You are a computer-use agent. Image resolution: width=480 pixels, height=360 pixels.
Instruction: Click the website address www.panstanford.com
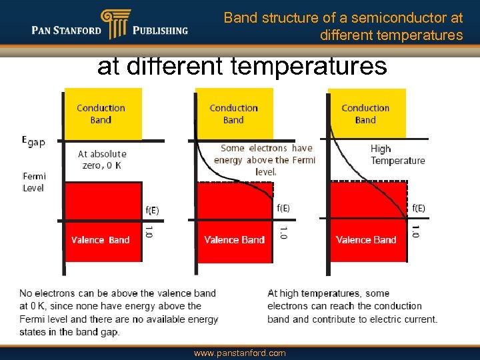point(239,353)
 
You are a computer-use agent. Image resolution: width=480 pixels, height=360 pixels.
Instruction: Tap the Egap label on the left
point(33,141)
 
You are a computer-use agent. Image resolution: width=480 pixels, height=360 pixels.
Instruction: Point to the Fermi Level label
point(33,182)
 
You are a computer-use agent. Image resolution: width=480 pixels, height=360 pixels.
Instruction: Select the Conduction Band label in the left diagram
point(101,114)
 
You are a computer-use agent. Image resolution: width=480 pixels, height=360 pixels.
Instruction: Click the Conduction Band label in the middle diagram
point(233,114)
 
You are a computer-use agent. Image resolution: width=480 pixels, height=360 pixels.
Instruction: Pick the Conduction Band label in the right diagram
point(365,114)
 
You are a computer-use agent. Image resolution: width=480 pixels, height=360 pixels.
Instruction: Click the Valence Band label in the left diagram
point(101,240)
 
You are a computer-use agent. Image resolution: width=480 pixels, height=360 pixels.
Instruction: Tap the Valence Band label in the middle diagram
point(234,240)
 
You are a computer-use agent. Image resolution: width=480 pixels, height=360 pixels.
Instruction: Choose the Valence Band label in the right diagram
point(366,240)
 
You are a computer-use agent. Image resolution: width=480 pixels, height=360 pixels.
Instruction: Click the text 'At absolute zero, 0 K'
point(102,159)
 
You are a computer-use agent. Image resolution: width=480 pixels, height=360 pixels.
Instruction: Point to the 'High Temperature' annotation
point(397,155)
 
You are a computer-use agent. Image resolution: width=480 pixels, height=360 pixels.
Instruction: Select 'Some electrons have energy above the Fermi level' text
point(266,160)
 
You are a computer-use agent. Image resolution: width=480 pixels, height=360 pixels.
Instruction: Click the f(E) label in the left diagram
point(152,211)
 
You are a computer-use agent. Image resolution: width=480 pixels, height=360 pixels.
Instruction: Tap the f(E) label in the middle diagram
point(283,208)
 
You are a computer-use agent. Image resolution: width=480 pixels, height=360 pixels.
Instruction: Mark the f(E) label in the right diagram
point(419,208)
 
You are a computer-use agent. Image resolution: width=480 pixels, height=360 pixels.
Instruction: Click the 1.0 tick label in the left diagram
point(149,232)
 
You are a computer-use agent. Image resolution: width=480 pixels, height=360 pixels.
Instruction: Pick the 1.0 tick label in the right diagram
point(416,232)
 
